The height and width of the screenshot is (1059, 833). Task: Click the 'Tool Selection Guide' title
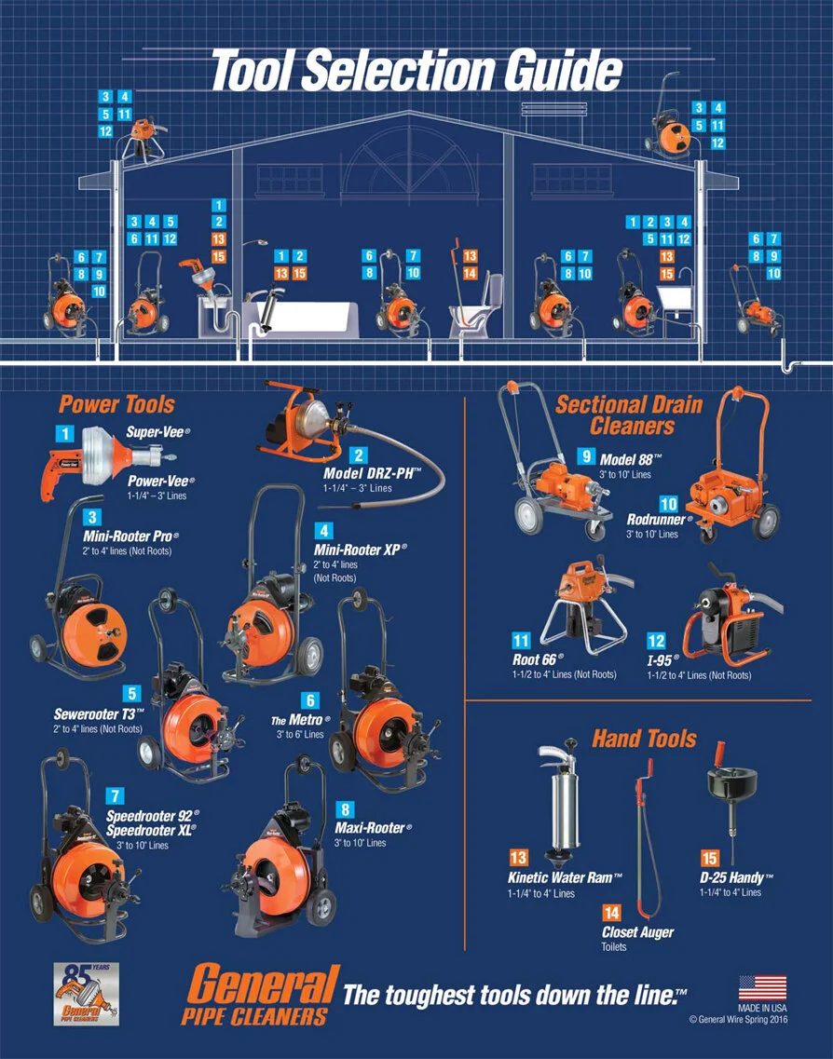(x=416, y=70)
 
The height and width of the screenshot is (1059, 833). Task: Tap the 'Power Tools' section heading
(x=116, y=404)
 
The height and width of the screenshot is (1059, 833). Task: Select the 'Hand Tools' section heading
(x=644, y=739)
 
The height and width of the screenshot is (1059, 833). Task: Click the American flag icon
(x=762, y=987)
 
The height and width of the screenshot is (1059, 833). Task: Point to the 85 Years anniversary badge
(x=86, y=994)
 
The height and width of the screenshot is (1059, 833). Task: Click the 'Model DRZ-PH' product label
(x=372, y=473)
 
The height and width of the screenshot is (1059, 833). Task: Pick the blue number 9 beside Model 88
(x=586, y=456)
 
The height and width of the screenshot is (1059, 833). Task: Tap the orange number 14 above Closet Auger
(x=611, y=913)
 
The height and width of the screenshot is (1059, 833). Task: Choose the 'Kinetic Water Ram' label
(x=564, y=878)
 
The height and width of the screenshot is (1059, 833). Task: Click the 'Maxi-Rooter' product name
(x=373, y=828)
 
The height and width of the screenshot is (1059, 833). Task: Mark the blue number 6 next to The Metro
(x=310, y=701)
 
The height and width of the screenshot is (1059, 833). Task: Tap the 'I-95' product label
(x=662, y=659)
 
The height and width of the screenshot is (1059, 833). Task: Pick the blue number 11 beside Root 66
(x=521, y=641)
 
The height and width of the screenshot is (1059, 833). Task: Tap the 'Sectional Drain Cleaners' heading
(x=630, y=415)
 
